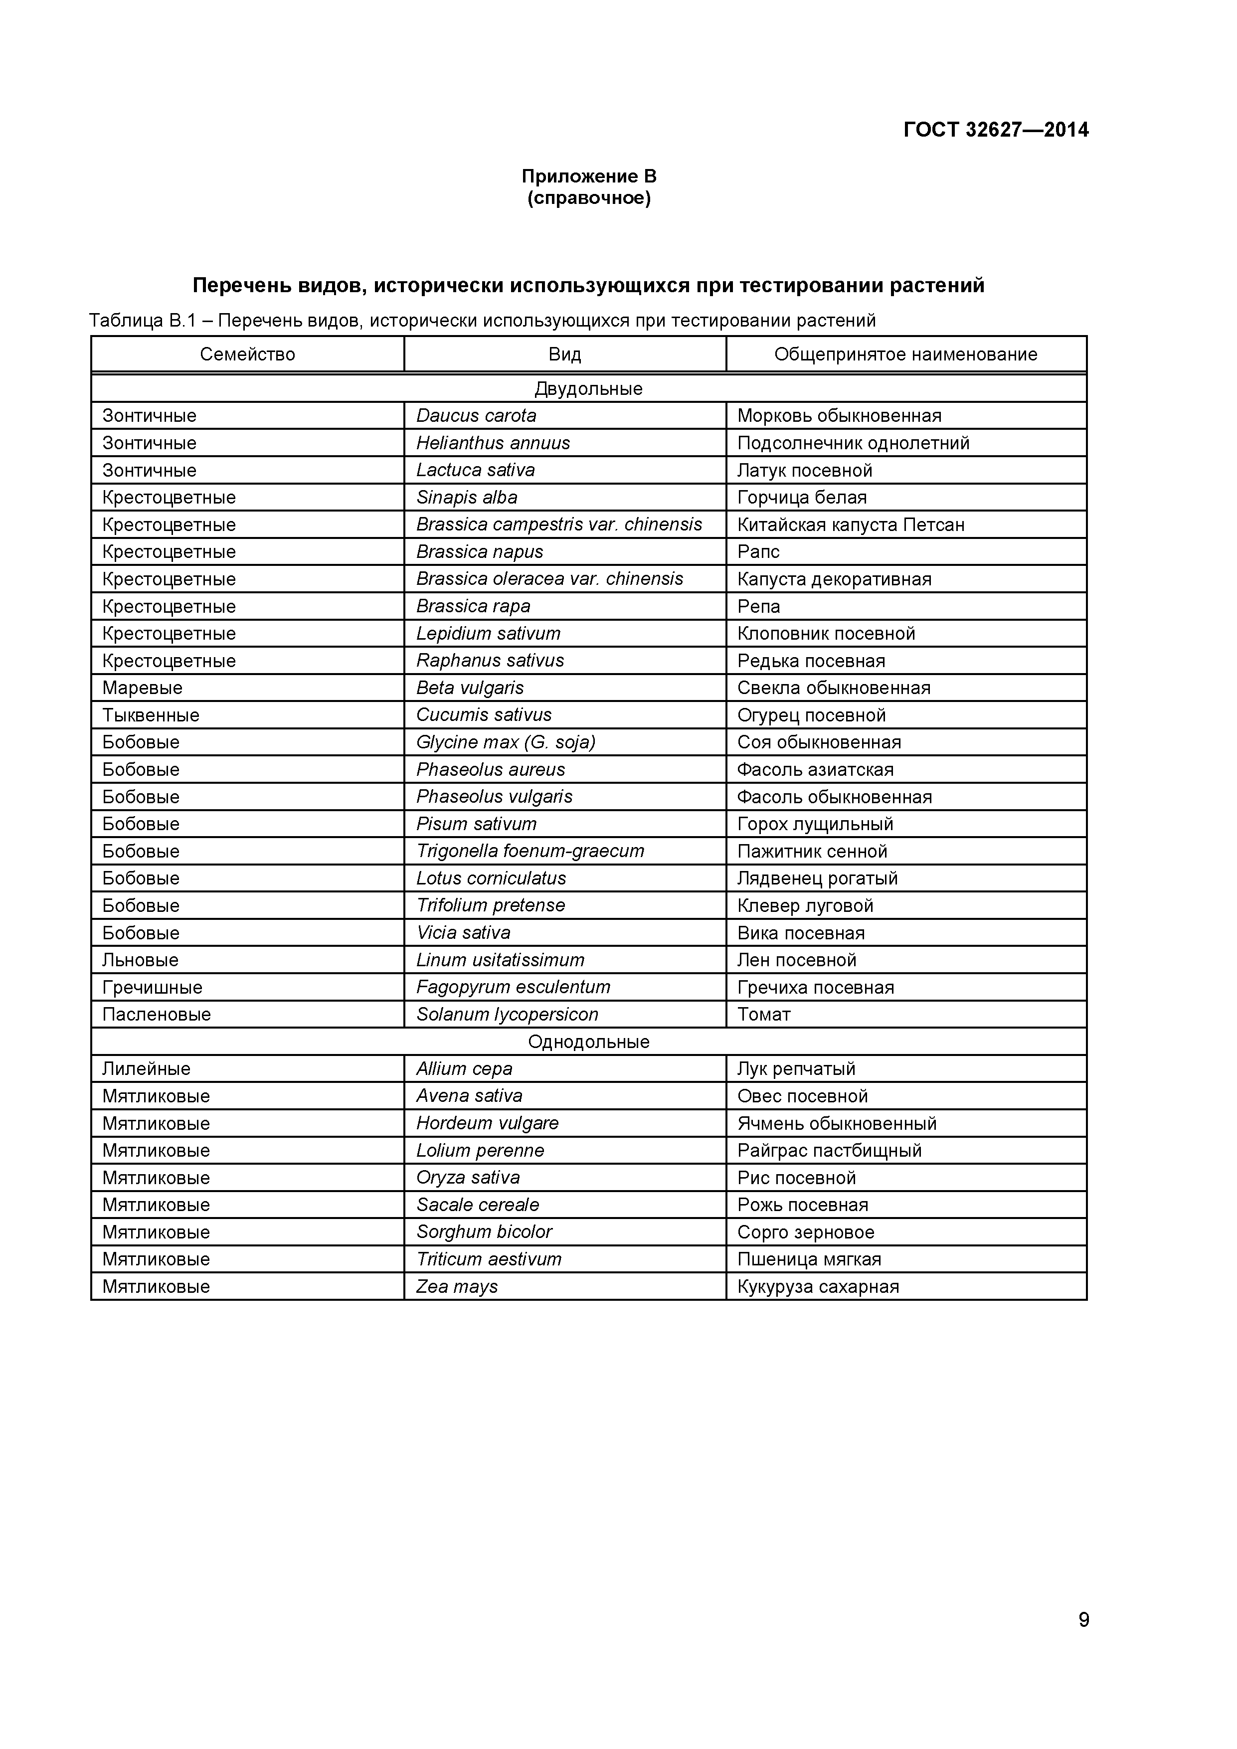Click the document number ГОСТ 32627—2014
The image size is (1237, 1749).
996,130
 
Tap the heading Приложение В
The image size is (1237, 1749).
589,176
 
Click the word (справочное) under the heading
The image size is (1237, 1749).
589,199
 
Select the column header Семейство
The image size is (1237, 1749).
248,354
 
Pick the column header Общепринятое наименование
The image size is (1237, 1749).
905,354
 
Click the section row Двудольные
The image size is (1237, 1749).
589,388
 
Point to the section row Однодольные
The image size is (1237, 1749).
589,1042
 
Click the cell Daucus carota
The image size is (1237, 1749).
476,416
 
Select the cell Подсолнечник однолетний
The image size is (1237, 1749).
853,443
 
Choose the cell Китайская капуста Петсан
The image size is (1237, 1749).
851,525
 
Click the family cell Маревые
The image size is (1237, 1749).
143,688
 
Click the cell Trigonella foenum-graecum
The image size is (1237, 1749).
530,851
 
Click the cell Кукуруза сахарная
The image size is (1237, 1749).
818,1287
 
